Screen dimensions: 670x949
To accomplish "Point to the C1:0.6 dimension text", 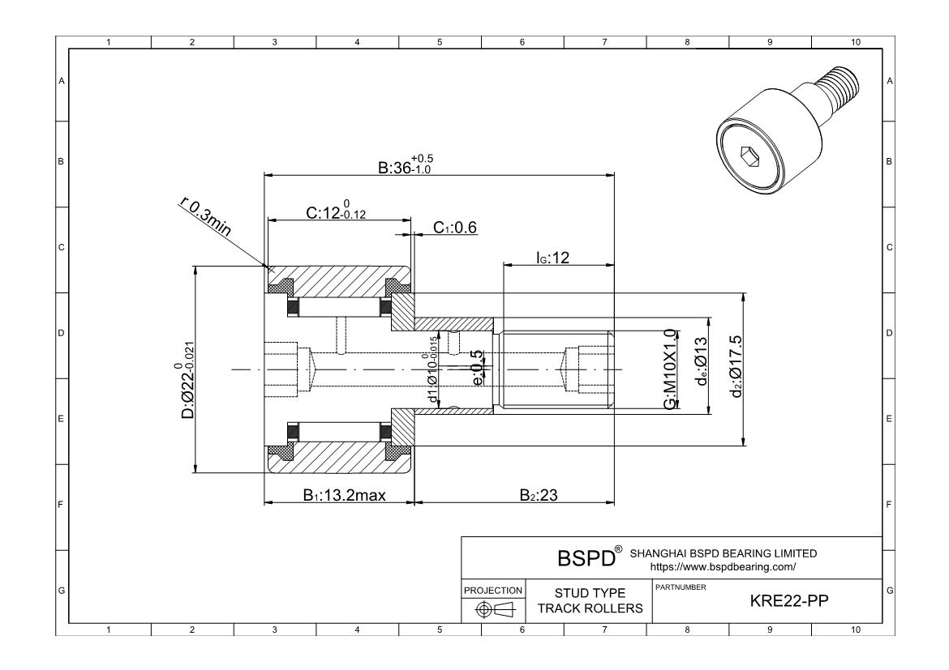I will click(x=454, y=228).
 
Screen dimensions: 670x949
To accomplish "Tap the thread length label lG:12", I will click(x=554, y=257).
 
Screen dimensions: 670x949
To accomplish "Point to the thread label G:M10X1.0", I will click(x=671, y=369).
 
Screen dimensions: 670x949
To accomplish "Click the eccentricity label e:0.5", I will click(x=478, y=369).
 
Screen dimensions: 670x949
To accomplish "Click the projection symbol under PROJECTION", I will click(x=492, y=609).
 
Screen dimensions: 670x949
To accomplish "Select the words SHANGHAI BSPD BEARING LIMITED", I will click(x=723, y=553).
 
